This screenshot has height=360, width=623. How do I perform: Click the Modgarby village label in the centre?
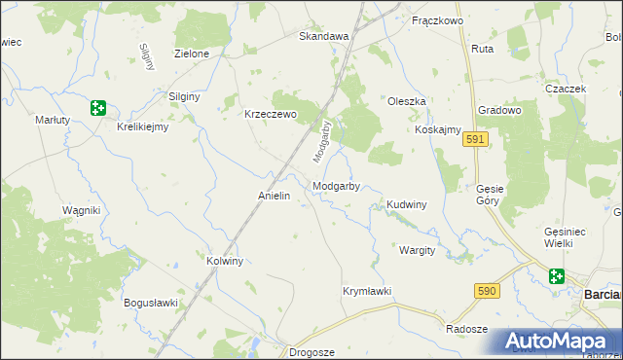(337, 186)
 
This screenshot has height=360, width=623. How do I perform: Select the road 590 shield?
(488, 291)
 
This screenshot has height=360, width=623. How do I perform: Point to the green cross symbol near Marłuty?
(97, 108)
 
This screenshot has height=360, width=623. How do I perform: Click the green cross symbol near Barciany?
(557, 276)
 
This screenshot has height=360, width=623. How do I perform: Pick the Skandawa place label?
(323, 36)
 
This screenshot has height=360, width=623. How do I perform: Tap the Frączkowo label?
(436, 20)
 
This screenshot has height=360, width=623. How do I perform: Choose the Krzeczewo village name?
(269, 113)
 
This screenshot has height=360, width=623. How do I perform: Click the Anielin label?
(275, 196)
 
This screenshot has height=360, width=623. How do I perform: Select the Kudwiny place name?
(407, 205)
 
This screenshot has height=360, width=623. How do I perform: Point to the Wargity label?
(417, 250)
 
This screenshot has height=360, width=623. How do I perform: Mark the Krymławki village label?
(367, 291)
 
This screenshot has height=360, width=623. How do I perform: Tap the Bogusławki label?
(151, 303)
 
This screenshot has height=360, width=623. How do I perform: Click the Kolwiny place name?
(225, 262)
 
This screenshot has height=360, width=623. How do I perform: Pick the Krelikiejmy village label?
(143, 126)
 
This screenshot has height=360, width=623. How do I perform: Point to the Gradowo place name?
(501, 110)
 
